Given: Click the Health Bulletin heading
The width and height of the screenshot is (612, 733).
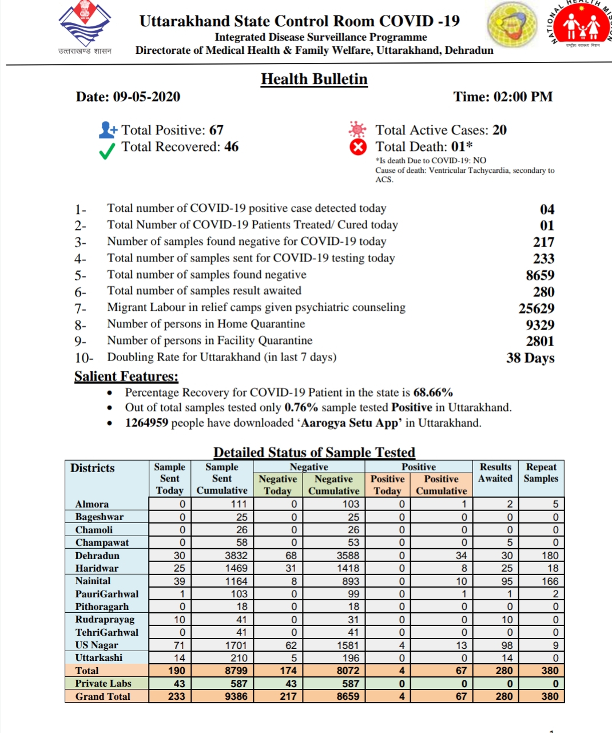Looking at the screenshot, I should click(x=314, y=79).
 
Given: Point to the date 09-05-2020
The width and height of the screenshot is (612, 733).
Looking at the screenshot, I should click(x=146, y=97).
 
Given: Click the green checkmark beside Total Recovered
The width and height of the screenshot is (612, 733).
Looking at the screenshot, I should click(x=107, y=151).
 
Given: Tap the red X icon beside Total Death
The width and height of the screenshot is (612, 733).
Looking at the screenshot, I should click(x=358, y=147).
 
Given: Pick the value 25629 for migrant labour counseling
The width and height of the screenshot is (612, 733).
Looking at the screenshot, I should click(x=536, y=308).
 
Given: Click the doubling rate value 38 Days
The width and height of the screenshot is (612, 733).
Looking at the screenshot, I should click(x=530, y=358).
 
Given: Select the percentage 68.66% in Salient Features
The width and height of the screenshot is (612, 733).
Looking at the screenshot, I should click(x=433, y=393).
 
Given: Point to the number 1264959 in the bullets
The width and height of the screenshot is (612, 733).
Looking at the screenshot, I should click(x=146, y=423).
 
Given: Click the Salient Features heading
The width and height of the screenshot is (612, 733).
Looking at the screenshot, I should click(x=126, y=377).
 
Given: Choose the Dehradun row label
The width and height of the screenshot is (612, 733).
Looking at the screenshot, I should click(x=97, y=556).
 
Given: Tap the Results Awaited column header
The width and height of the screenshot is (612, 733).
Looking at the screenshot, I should click(x=495, y=473).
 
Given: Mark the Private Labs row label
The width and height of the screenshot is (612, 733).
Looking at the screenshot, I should click(x=103, y=683).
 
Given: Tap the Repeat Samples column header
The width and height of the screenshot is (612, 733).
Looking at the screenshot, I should click(x=541, y=473).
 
